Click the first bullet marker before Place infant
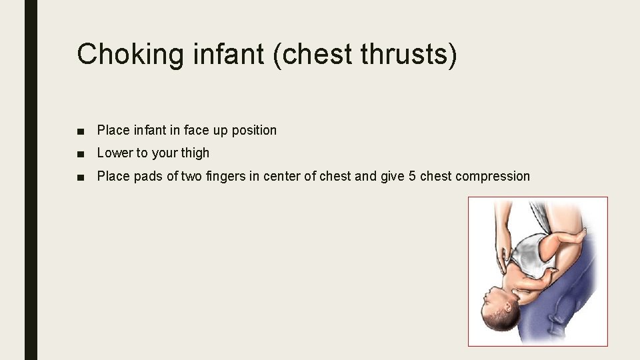[x=81, y=131]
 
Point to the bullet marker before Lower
[x=81, y=153]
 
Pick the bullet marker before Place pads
[x=81, y=177]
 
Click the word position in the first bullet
[x=254, y=131]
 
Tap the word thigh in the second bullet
[x=195, y=153]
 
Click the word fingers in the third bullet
[x=223, y=177]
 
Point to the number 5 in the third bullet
[x=423, y=177]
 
